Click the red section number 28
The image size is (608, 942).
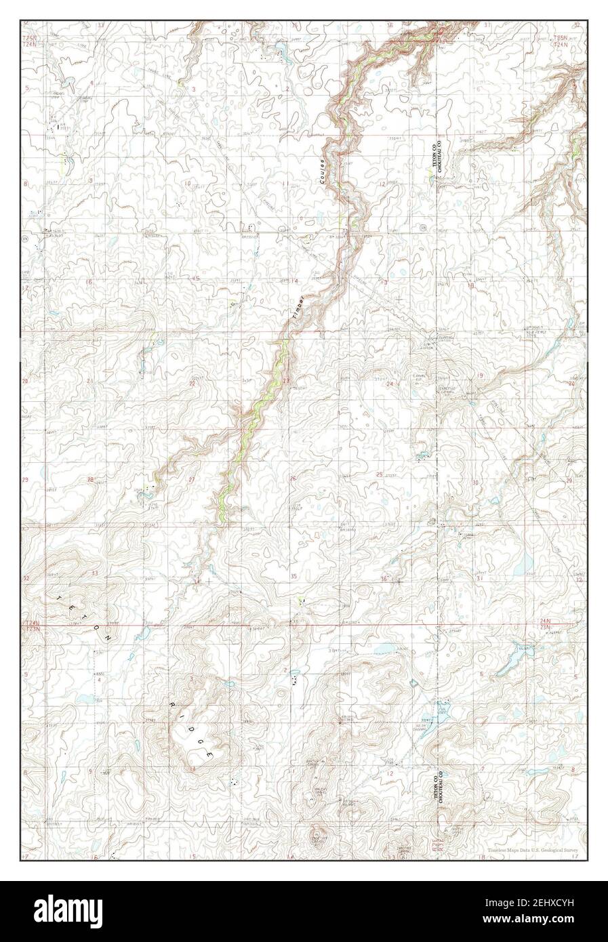click(x=90, y=480)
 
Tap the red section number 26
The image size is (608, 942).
click(x=293, y=479)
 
